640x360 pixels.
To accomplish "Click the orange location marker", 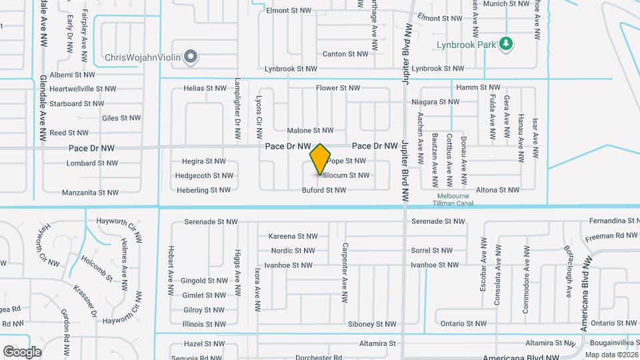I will click(321, 159).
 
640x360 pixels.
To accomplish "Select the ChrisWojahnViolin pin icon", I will click(191, 57).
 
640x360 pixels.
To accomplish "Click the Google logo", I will click(22, 352).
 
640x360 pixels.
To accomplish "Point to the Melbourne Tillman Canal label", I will click(455, 199).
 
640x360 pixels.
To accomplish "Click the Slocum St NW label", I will click(345, 175).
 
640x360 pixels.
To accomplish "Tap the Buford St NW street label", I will click(324, 190).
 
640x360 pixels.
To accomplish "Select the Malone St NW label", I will click(310, 131).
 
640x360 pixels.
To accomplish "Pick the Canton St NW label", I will click(345, 54).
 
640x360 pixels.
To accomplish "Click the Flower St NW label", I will click(337, 88).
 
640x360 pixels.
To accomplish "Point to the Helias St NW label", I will click(205, 88).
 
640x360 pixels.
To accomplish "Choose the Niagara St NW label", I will click(435, 102).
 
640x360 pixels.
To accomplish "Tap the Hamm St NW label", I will click(478, 87).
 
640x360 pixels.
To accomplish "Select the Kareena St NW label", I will click(293, 236).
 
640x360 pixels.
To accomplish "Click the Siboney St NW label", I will click(372, 324).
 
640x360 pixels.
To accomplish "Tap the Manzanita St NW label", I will click(90, 193).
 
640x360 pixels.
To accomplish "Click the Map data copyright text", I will click(611, 355).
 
